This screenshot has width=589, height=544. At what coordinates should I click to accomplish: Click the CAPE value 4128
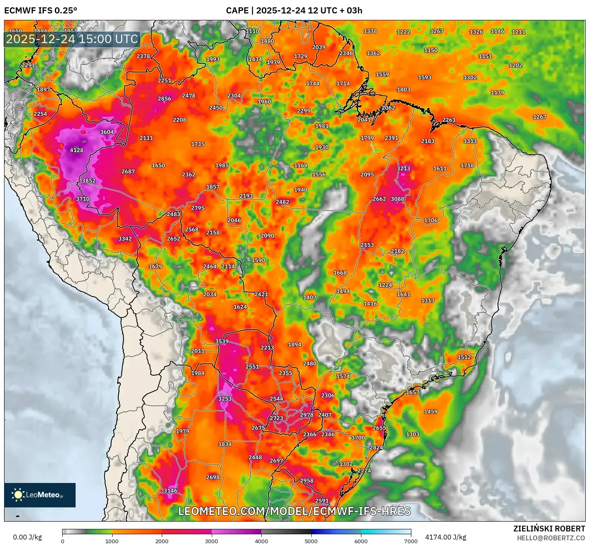(76, 150)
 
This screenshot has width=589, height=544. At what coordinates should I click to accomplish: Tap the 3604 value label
(107, 132)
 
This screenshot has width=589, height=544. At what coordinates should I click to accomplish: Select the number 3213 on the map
(403, 168)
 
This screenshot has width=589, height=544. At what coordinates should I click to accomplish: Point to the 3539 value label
(222, 341)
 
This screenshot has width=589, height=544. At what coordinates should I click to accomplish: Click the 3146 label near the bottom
(170, 490)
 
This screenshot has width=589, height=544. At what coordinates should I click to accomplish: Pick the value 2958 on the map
(306, 481)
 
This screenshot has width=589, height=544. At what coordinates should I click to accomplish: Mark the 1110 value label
(252, 31)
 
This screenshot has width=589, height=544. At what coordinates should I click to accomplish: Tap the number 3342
(125, 238)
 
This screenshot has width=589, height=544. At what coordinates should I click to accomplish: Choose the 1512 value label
(464, 357)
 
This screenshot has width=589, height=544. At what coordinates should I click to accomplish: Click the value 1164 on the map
(301, 165)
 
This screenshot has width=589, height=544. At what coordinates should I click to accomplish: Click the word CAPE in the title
(237, 10)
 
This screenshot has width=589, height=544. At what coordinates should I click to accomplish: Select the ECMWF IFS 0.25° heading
(41, 10)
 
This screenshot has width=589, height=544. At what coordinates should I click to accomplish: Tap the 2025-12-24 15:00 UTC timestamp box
(72, 39)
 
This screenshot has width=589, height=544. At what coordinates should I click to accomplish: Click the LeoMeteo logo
(40, 495)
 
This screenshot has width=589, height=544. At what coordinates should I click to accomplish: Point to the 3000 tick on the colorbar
(212, 541)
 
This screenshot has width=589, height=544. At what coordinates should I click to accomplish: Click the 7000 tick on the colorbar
(411, 541)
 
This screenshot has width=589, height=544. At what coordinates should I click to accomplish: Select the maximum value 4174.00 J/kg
(446, 537)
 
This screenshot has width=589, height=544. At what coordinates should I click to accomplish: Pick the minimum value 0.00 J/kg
(27, 537)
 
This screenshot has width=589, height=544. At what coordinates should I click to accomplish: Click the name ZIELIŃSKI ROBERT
(549, 529)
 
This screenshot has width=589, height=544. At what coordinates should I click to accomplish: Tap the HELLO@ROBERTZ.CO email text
(551, 538)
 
